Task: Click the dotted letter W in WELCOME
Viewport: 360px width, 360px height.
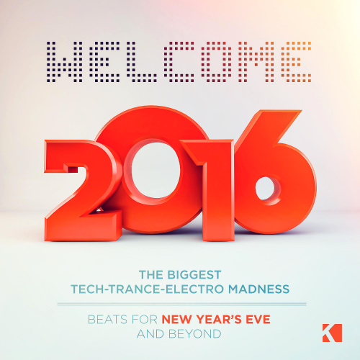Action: [64, 62]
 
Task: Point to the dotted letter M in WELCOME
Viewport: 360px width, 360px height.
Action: [256, 62]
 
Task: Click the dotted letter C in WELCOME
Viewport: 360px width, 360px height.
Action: [179, 62]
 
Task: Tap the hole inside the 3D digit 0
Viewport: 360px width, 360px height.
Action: [156, 170]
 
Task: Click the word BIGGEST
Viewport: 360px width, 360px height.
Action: [194, 275]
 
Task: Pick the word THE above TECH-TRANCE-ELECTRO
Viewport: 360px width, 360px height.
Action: [151, 275]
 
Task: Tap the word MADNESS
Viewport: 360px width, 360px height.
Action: [258, 289]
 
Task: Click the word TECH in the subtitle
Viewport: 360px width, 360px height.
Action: [87, 289]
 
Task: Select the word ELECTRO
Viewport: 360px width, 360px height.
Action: [195, 289]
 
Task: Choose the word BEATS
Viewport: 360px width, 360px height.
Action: [107, 320]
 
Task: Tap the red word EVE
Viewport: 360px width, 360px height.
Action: [258, 320]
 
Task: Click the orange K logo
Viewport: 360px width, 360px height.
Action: [332, 333]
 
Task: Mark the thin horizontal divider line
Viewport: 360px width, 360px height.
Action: [181, 304]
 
